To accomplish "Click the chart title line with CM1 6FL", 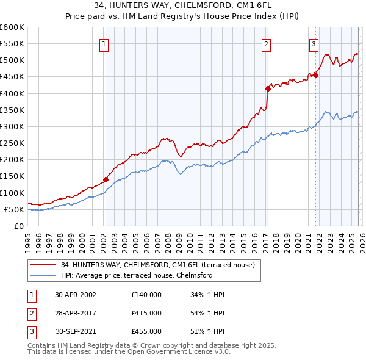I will point(182,5).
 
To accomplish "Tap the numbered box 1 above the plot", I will point(105,44).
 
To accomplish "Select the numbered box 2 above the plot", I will point(267,44).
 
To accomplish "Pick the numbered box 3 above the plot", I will point(314,44).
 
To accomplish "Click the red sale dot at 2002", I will point(106,179).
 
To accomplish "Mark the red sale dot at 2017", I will point(268,88).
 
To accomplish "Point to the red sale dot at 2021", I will point(316,75).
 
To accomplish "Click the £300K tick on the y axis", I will point(12,126).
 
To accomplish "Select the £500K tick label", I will point(12,60).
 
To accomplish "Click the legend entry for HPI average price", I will point(136,275).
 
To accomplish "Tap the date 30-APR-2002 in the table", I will point(76,295).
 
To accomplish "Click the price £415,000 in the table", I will point(146,313).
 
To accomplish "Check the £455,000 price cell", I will point(146,331).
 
